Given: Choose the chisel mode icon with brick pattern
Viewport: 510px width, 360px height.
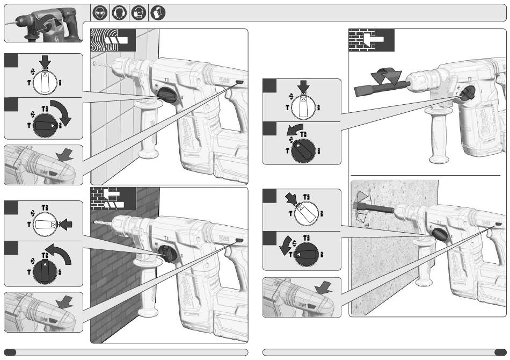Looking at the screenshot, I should coord(371,39).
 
